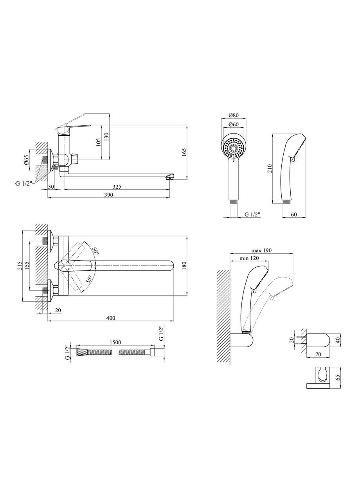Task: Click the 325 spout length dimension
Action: point(117,186)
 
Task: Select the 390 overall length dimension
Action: point(109,195)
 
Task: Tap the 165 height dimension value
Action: point(184,153)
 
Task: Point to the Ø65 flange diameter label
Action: point(26,160)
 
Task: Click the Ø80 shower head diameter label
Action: point(234,115)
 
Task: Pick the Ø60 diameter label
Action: point(234,124)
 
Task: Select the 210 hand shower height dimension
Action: point(270,169)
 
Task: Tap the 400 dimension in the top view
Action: point(111,318)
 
